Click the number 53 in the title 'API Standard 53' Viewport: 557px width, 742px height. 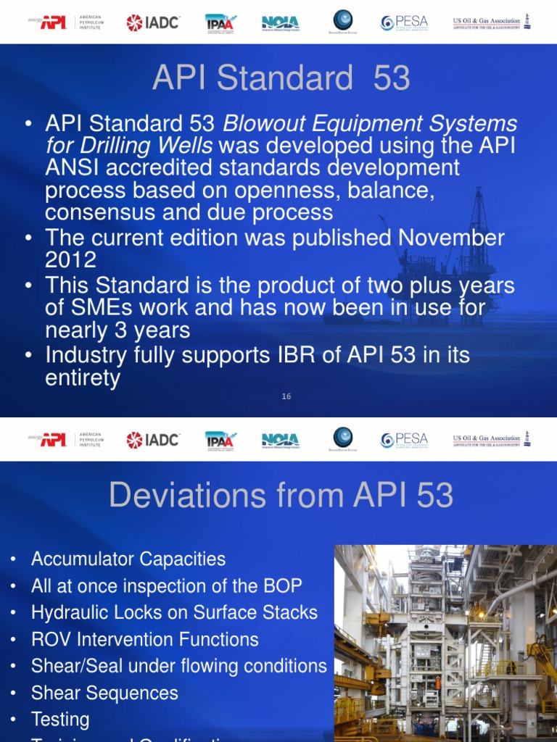[x=392, y=78]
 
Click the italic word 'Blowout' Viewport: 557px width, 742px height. [x=266, y=124]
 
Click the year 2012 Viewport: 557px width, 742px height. [x=70, y=259]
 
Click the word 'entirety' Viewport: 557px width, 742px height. [x=82, y=378]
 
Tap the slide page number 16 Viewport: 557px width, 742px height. [x=286, y=396]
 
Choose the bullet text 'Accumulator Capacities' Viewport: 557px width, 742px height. [x=128, y=559]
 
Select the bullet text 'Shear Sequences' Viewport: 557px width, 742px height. [x=104, y=693]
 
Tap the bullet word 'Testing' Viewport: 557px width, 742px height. [x=60, y=720]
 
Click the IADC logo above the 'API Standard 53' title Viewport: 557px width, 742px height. [x=152, y=22]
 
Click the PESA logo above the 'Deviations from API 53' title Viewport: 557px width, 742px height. [x=404, y=440]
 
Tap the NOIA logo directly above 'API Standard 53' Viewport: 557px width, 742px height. [x=280, y=22]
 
